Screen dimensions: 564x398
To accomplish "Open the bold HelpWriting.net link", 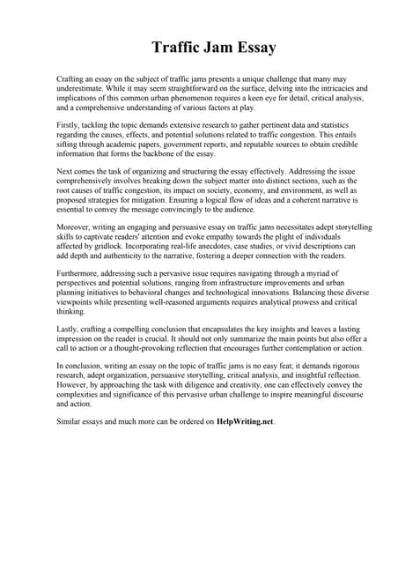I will [x=246, y=422].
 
